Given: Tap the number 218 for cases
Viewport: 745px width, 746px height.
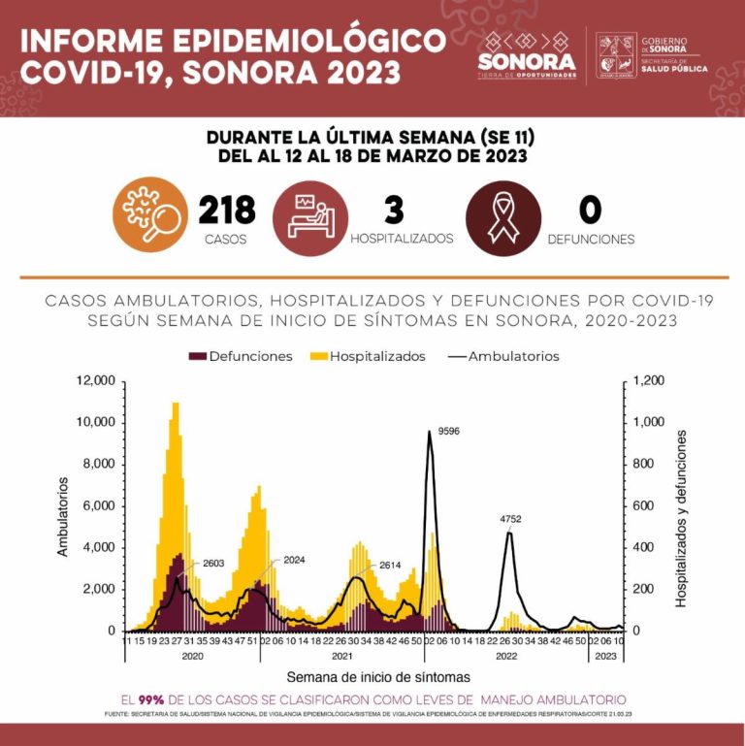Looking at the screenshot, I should tap(226, 210).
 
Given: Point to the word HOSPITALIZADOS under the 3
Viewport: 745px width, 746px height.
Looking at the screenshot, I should tap(402, 239).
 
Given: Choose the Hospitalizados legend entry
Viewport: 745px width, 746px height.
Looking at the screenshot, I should tap(369, 356).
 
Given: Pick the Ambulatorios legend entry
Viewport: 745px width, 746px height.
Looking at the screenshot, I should tap(504, 356).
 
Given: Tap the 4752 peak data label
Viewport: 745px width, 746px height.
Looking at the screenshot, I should tap(510, 520).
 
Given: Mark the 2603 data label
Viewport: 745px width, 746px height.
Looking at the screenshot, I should tap(213, 564).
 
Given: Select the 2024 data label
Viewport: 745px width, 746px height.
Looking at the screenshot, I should tap(294, 561).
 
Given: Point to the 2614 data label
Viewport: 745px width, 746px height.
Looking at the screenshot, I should tap(390, 565).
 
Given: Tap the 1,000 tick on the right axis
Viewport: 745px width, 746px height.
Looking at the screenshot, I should tap(649, 423).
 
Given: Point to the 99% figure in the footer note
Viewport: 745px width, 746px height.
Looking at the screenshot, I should tap(150, 699).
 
